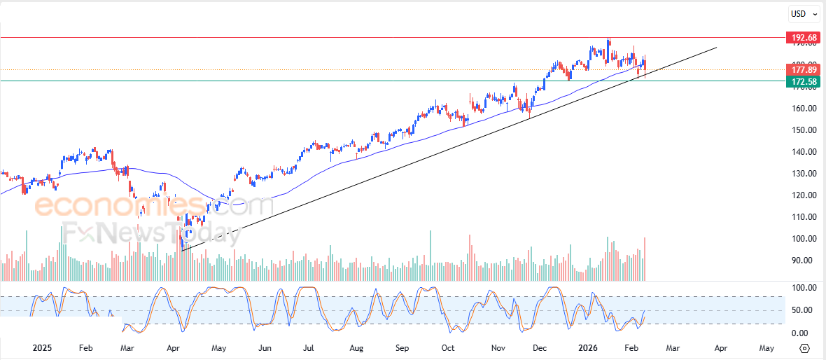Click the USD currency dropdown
804,13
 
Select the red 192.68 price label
803,37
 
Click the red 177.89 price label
803,69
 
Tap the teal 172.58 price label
803,82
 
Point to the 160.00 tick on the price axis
801,109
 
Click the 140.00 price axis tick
801,152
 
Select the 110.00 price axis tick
801,217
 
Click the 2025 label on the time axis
42,348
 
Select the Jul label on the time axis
309,348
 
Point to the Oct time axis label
448,348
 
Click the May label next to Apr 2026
766,348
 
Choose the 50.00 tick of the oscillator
801,310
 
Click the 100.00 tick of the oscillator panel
800,288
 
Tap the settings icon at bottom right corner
804,348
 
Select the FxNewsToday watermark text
151,233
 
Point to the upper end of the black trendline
717,48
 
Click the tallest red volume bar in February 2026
644,259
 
